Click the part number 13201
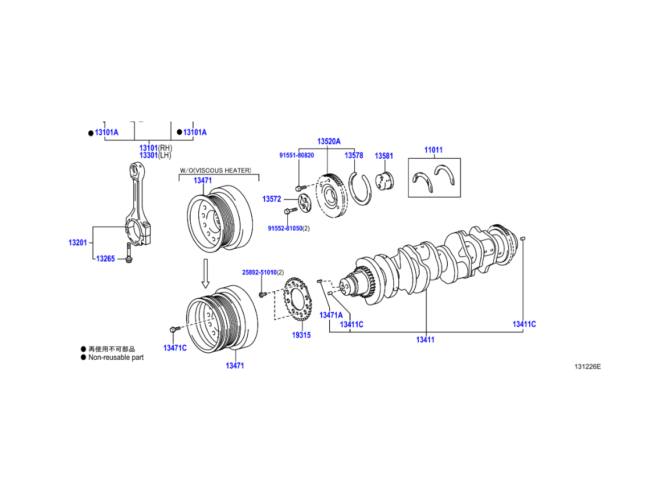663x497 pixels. pyautogui.click(x=77, y=242)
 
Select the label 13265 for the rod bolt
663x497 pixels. pyautogui.click(x=106, y=259)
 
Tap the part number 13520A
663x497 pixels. pyautogui.click(x=329, y=142)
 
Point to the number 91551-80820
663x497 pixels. pyautogui.click(x=297, y=155)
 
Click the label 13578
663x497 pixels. pyautogui.click(x=354, y=156)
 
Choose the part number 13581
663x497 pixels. pyautogui.click(x=384, y=156)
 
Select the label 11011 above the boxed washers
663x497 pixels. pyautogui.click(x=433, y=150)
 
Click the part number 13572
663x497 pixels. pyautogui.click(x=272, y=199)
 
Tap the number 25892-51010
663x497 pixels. pyautogui.click(x=259, y=273)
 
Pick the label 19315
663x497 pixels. pyautogui.click(x=301, y=335)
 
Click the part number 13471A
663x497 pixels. pyautogui.click(x=331, y=315)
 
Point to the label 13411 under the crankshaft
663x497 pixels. pyautogui.click(x=425, y=339)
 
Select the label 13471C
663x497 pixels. pyautogui.click(x=175, y=348)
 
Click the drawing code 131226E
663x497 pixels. pyautogui.click(x=587, y=367)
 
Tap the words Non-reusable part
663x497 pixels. pyautogui.click(x=116, y=357)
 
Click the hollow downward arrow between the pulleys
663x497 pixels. pyautogui.click(x=205, y=273)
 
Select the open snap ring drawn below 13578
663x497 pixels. pyautogui.click(x=361, y=188)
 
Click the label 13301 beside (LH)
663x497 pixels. pyautogui.click(x=148, y=155)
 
